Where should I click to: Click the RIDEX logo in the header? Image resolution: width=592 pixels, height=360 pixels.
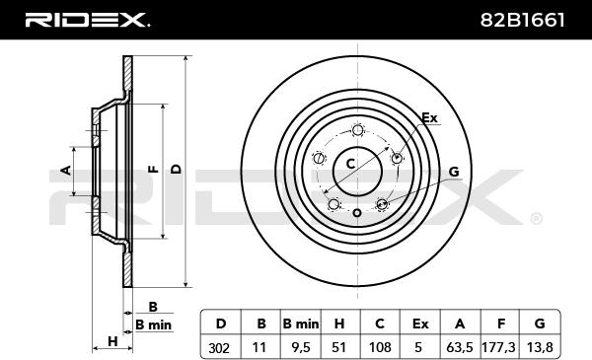[x=87, y=20]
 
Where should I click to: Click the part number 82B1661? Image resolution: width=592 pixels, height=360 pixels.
[x=523, y=20]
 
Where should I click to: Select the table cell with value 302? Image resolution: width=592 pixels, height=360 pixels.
[x=220, y=347]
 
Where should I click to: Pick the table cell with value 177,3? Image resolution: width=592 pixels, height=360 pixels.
[x=499, y=347]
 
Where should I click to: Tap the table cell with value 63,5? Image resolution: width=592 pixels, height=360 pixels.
[x=460, y=347]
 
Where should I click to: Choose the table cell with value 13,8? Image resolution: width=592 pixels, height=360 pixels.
[x=540, y=347]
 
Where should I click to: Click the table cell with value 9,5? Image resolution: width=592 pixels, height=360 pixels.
[x=301, y=347]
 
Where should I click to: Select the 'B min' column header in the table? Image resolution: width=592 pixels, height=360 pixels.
[x=301, y=324]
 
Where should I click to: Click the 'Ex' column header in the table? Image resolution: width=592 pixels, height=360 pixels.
[x=420, y=324]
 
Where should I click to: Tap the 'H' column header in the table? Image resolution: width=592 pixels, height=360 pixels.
[x=339, y=324]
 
